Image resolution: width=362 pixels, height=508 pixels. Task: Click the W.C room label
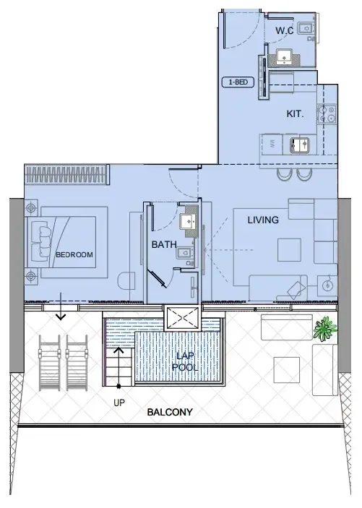pyautogui.click(x=285, y=30)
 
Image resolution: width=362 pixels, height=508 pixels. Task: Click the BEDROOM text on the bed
pyautogui.click(x=74, y=254)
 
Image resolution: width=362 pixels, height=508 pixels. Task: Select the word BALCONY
pyautogui.click(x=169, y=413)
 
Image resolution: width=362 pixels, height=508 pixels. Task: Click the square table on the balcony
pyautogui.click(x=287, y=370)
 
